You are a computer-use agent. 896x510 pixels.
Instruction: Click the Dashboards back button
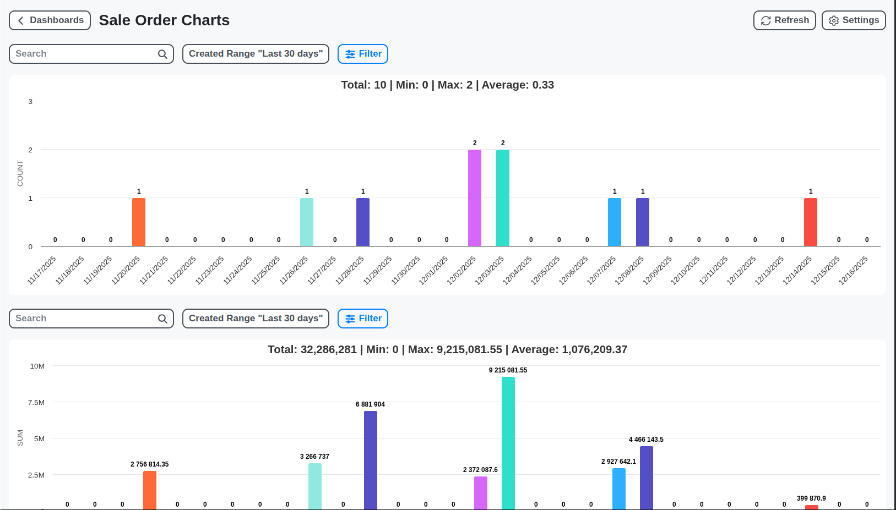coord(50,20)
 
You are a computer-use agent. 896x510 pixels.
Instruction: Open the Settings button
coord(853,20)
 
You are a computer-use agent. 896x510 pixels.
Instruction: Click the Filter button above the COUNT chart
coord(362,54)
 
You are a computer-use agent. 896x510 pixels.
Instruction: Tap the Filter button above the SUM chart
coord(362,319)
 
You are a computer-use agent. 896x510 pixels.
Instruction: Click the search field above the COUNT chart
coord(83,54)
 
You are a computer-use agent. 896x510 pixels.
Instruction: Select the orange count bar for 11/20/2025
coord(139,222)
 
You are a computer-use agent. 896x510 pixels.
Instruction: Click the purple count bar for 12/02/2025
coord(474,198)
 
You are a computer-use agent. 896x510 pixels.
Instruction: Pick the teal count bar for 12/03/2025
coord(502,198)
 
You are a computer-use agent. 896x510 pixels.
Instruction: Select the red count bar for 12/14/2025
coord(810,222)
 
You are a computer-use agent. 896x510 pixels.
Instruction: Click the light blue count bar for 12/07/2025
coord(614,222)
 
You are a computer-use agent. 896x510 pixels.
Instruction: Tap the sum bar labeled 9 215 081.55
coord(508,443)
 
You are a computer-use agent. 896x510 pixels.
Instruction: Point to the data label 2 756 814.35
coord(149,464)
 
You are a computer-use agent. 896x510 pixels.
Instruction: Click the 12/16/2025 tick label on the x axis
coord(853,270)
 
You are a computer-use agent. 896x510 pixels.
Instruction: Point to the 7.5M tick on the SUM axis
coord(36,402)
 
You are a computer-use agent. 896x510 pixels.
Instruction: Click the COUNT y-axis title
coord(20,173)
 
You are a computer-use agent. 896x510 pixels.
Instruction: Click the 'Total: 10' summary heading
coord(447,85)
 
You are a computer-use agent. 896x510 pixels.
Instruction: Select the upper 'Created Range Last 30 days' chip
coord(256,54)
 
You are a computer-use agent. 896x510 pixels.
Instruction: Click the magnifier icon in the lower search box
coord(162,319)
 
